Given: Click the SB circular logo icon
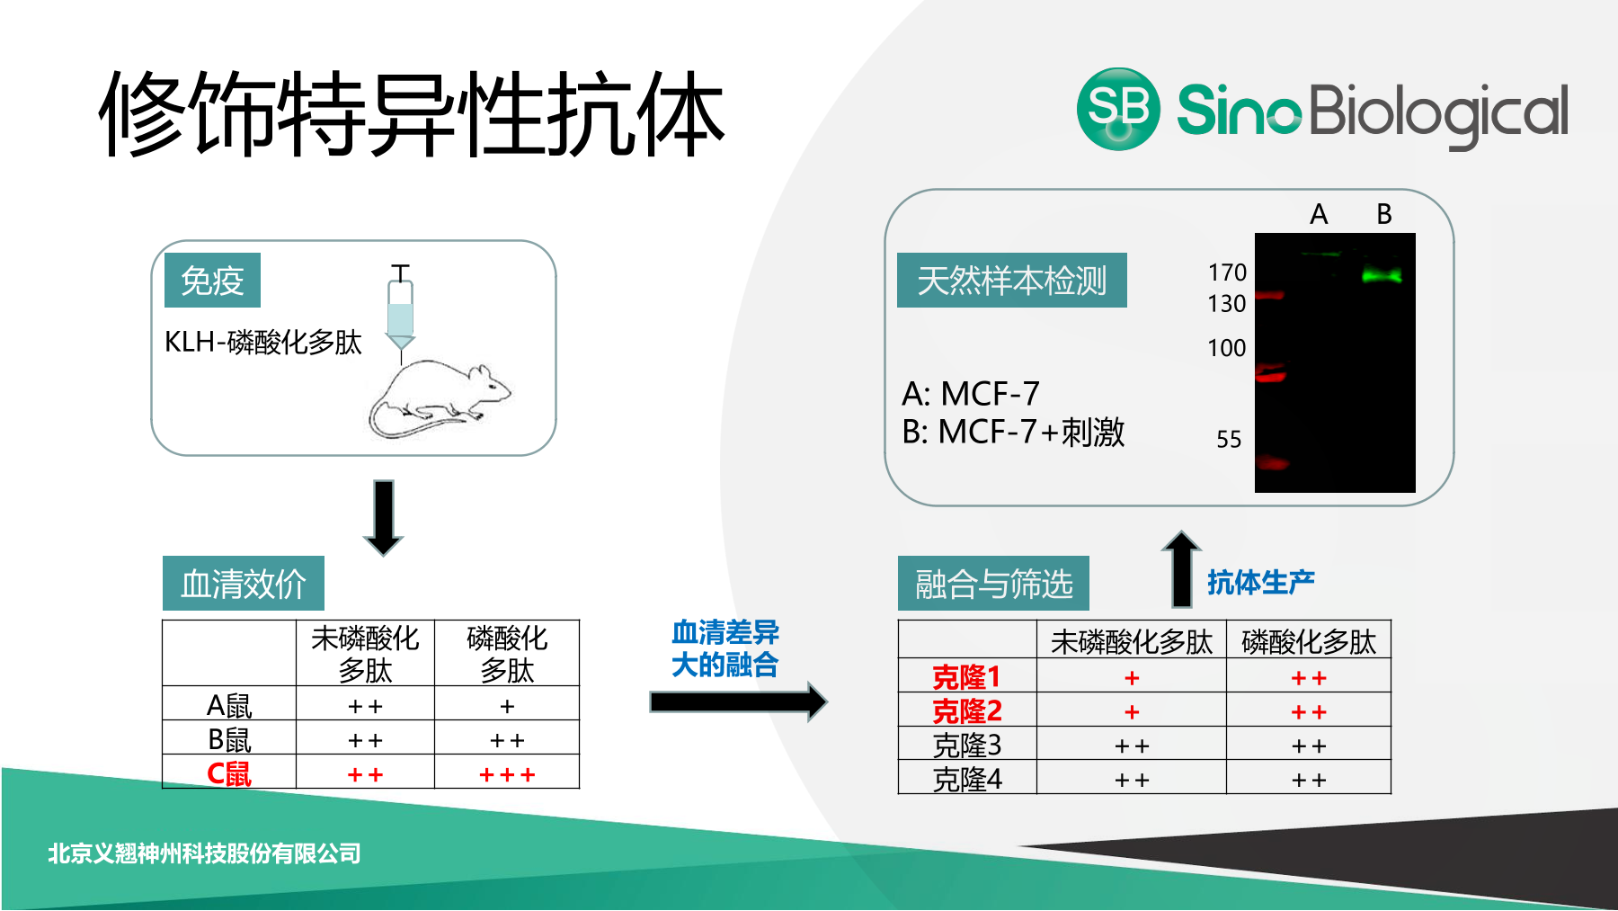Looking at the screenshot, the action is click(1118, 109).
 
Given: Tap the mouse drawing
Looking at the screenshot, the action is click(440, 399).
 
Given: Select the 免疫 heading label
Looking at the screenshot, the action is click(212, 281).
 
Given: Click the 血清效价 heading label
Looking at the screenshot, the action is click(244, 584).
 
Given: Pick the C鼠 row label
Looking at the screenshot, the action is click(229, 773).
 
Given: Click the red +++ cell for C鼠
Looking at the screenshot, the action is click(507, 774).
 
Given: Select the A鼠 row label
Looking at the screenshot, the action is click(229, 705).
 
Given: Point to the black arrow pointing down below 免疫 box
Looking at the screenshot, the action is click(384, 518).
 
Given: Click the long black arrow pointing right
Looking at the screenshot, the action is click(738, 701).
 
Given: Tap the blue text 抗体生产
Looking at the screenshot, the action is click(1260, 583).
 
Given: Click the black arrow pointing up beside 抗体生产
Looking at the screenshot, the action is click(1181, 568).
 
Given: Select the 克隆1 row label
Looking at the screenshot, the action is click(966, 676).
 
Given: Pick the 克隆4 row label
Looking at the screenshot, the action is click(967, 779).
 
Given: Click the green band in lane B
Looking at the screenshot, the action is click(1381, 275).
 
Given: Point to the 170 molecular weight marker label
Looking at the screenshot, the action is click(1227, 272).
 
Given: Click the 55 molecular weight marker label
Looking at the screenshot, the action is click(1229, 439).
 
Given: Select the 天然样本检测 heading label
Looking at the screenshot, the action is click(1012, 281).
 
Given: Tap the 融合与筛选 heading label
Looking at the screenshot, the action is click(993, 584).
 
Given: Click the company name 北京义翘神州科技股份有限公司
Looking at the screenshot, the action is click(204, 853).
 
